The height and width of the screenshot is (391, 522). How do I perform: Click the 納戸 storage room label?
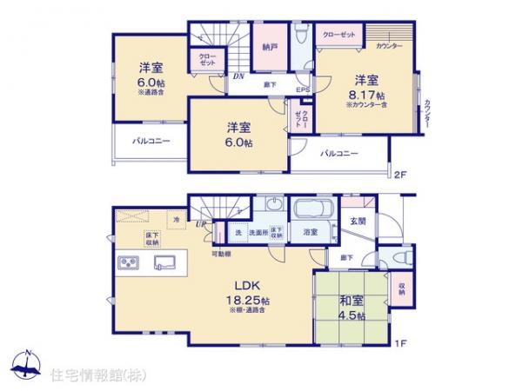point(271,50)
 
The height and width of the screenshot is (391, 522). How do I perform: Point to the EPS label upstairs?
point(303,89)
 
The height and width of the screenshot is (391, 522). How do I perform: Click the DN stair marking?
point(237,77)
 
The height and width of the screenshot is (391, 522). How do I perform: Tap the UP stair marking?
point(203,225)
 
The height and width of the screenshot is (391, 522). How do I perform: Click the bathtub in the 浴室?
point(309,212)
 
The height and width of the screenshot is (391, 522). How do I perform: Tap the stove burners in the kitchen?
point(127,262)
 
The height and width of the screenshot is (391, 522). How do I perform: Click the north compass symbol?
point(28,367)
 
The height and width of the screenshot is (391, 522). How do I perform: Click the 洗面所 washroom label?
point(258,233)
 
